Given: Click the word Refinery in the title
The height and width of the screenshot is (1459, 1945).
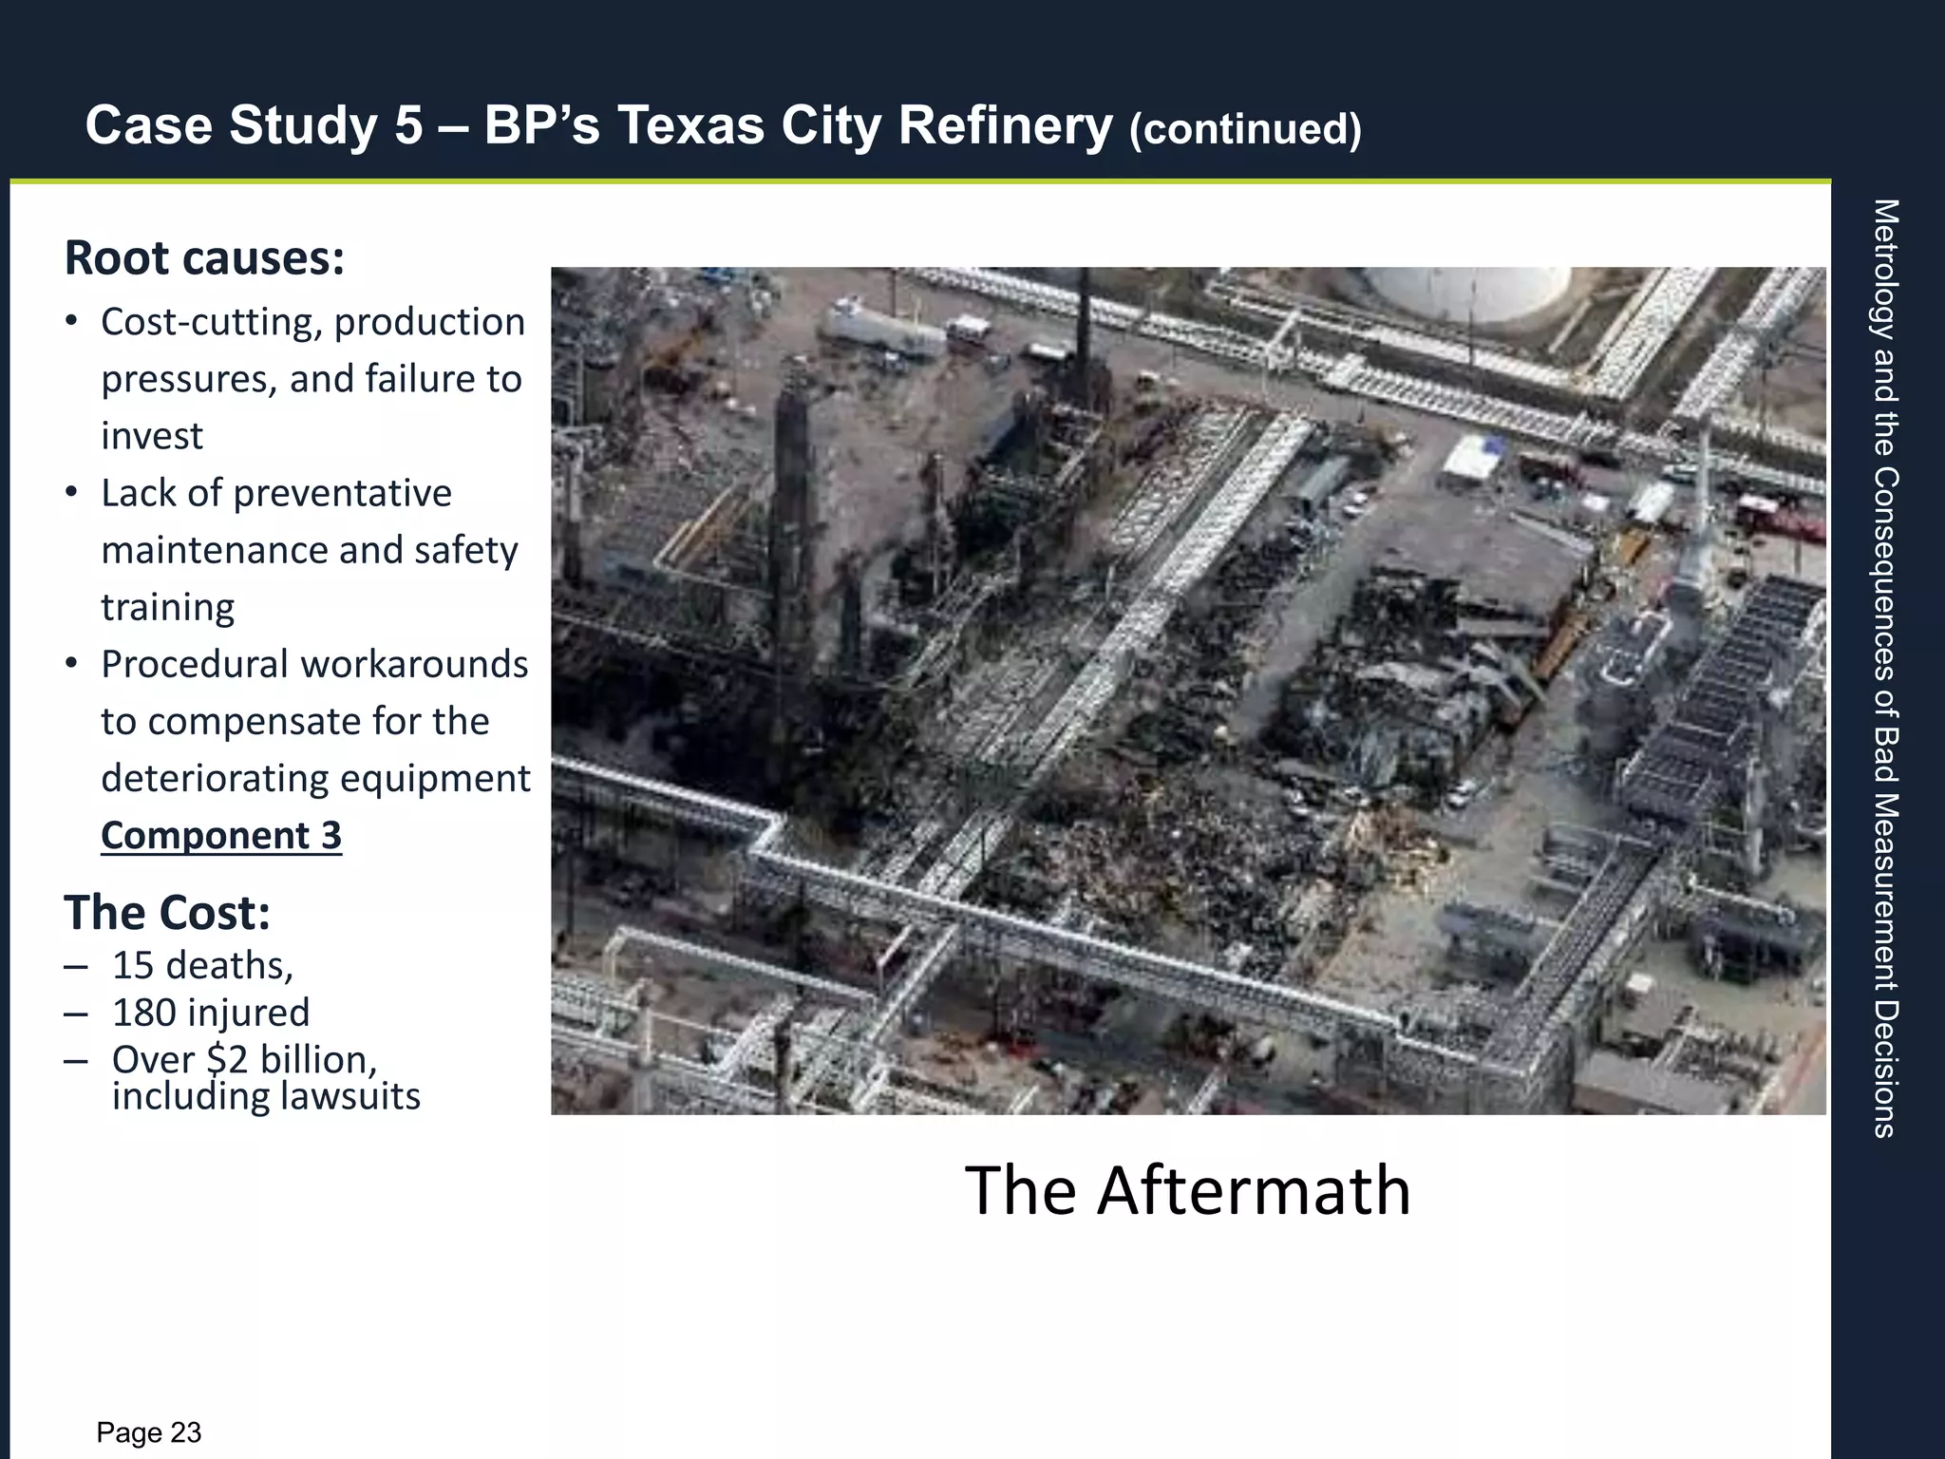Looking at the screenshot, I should point(1005,126).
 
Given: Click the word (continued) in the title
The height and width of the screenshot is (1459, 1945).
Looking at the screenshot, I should point(1245,129).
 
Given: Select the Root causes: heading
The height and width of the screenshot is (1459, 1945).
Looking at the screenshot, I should point(204,258).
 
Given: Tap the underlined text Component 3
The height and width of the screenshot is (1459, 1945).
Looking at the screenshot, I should point(220,835).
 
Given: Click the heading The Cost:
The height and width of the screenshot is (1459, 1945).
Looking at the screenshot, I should point(167,912).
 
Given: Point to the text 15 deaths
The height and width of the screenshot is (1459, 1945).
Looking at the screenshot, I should point(201,965).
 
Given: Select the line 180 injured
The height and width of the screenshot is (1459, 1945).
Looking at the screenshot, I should point(210,1013).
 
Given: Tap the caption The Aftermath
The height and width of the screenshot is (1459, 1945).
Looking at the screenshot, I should point(1187,1189).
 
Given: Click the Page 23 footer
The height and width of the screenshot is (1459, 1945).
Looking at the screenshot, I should point(149,1432).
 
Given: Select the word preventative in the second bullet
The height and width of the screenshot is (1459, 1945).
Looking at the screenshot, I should point(343,493).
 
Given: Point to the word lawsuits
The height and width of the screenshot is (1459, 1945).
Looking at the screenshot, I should point(346,1096).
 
